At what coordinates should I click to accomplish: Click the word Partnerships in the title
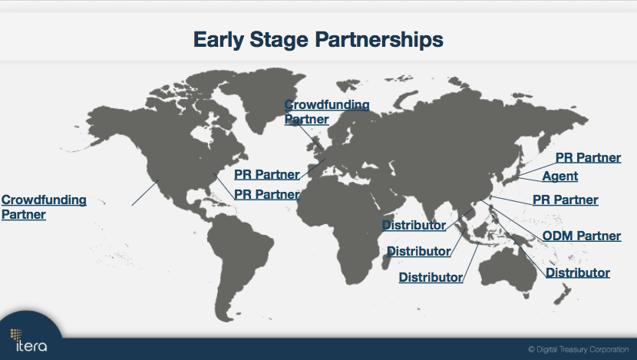(379, 40)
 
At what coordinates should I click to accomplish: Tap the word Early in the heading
(219, 40)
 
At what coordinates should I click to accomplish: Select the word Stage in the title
(279, 40)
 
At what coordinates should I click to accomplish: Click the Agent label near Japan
(559, 177)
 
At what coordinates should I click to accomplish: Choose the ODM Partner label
(581, 236)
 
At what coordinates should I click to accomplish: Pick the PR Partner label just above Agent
(588, 157)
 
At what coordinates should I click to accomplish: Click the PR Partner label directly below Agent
(565, 200)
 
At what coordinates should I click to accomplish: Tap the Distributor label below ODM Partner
(577, 273)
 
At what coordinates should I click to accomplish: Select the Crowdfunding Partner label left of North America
(44, 207)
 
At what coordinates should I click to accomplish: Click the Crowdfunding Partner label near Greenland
(327, 112)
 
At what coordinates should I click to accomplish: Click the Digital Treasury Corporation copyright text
(579, 349)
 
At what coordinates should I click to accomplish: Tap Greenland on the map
(260, 95)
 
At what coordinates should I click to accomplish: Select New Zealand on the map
(563, 294)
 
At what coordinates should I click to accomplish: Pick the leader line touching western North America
(145, 193)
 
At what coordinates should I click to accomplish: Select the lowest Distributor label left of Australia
(431, 278)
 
